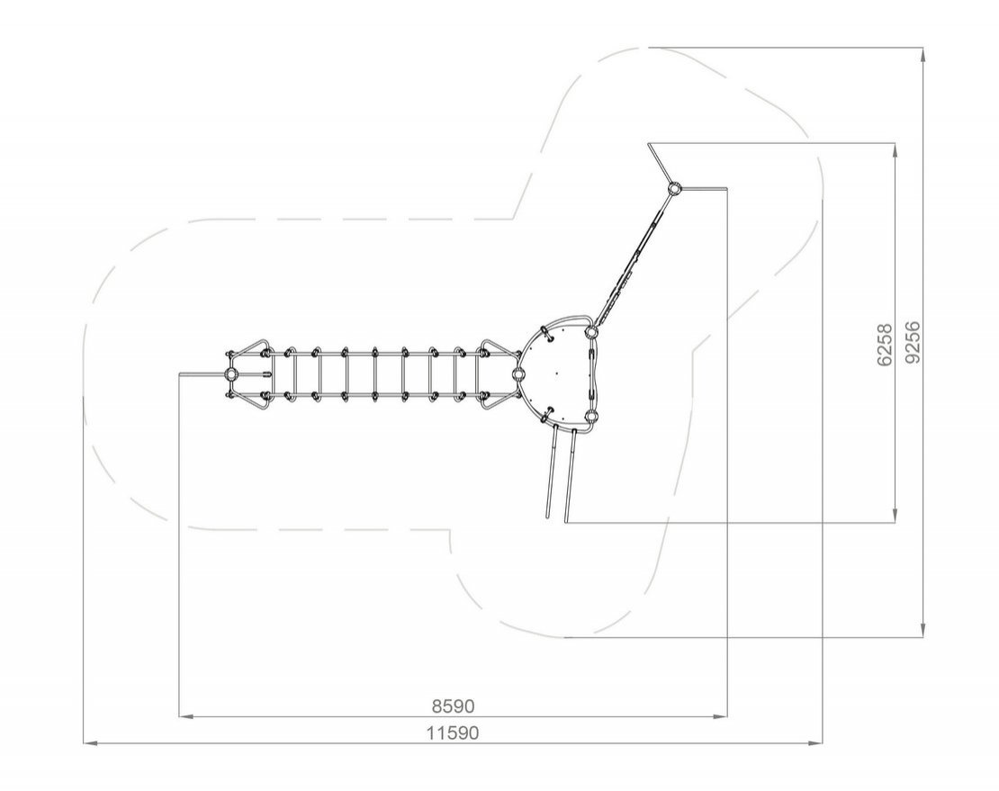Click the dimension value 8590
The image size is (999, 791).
tap(453, 706)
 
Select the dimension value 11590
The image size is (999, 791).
tap(453, 733)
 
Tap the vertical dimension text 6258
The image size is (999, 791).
tap(885, 345)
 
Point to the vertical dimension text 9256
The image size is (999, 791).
tap(912, 342)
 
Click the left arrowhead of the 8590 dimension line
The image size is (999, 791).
tap(185, 717)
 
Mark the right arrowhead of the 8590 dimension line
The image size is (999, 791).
tap(721, 717)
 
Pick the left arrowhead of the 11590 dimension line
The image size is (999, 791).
tap(91, 742)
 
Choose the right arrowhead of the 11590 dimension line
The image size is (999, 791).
tap(815, 742)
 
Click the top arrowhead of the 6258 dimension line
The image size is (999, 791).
tap(895, 150)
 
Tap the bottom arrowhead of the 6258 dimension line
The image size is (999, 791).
tap(895, 516)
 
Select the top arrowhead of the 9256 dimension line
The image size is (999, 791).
tap(923, 55)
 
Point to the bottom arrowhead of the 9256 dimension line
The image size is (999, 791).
tap(923, 629)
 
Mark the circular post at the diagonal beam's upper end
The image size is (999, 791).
tap(674, 188)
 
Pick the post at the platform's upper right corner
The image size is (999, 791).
tap(590, 332)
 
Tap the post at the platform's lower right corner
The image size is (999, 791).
tap(591, 418)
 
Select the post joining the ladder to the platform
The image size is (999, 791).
tap(517, 374)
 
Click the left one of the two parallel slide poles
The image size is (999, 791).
tap(552, 472)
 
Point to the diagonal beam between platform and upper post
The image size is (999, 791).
tap(633, 260)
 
